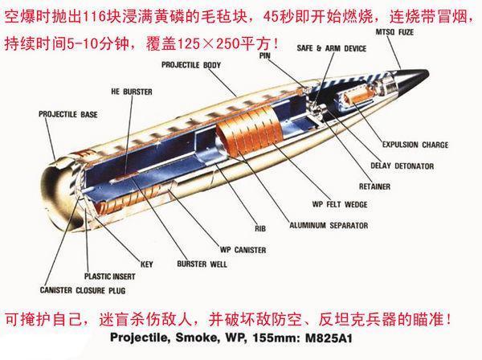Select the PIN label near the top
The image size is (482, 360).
(x=265, y=56)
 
